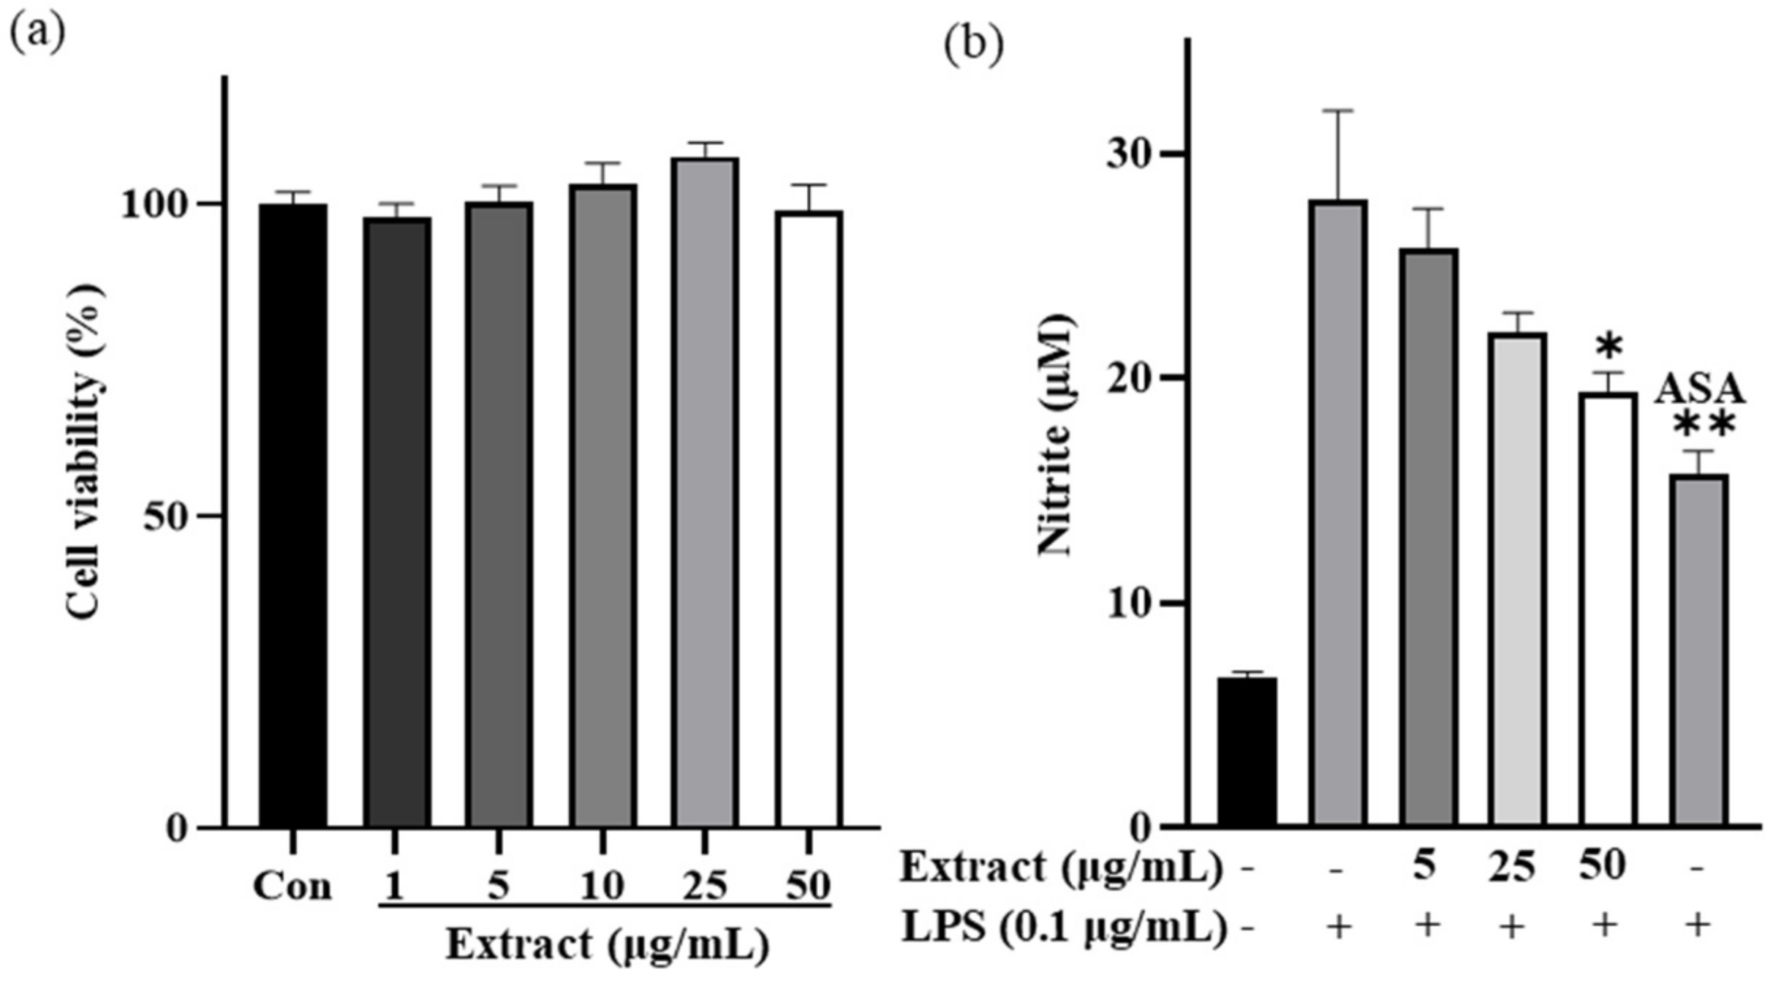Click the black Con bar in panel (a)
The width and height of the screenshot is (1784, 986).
(x=292, y=515)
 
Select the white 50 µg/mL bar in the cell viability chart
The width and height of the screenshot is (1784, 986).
(x=809, y=519)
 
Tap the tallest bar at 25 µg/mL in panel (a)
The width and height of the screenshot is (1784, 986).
(x=705, y=492)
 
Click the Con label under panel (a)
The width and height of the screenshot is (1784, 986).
(x=292, y=886)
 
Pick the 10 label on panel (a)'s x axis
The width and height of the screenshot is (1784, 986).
(x=602, y=886)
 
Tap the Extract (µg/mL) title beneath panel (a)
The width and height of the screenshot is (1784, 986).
(x=608, y=944)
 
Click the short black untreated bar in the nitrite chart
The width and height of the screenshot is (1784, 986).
(x=1247, y=752)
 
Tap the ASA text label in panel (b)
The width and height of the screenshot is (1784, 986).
(x=1700, y=389)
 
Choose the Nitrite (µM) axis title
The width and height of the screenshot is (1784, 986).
(x=1055, y=436)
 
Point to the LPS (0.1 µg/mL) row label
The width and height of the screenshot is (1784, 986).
(x=1064, y=927)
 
